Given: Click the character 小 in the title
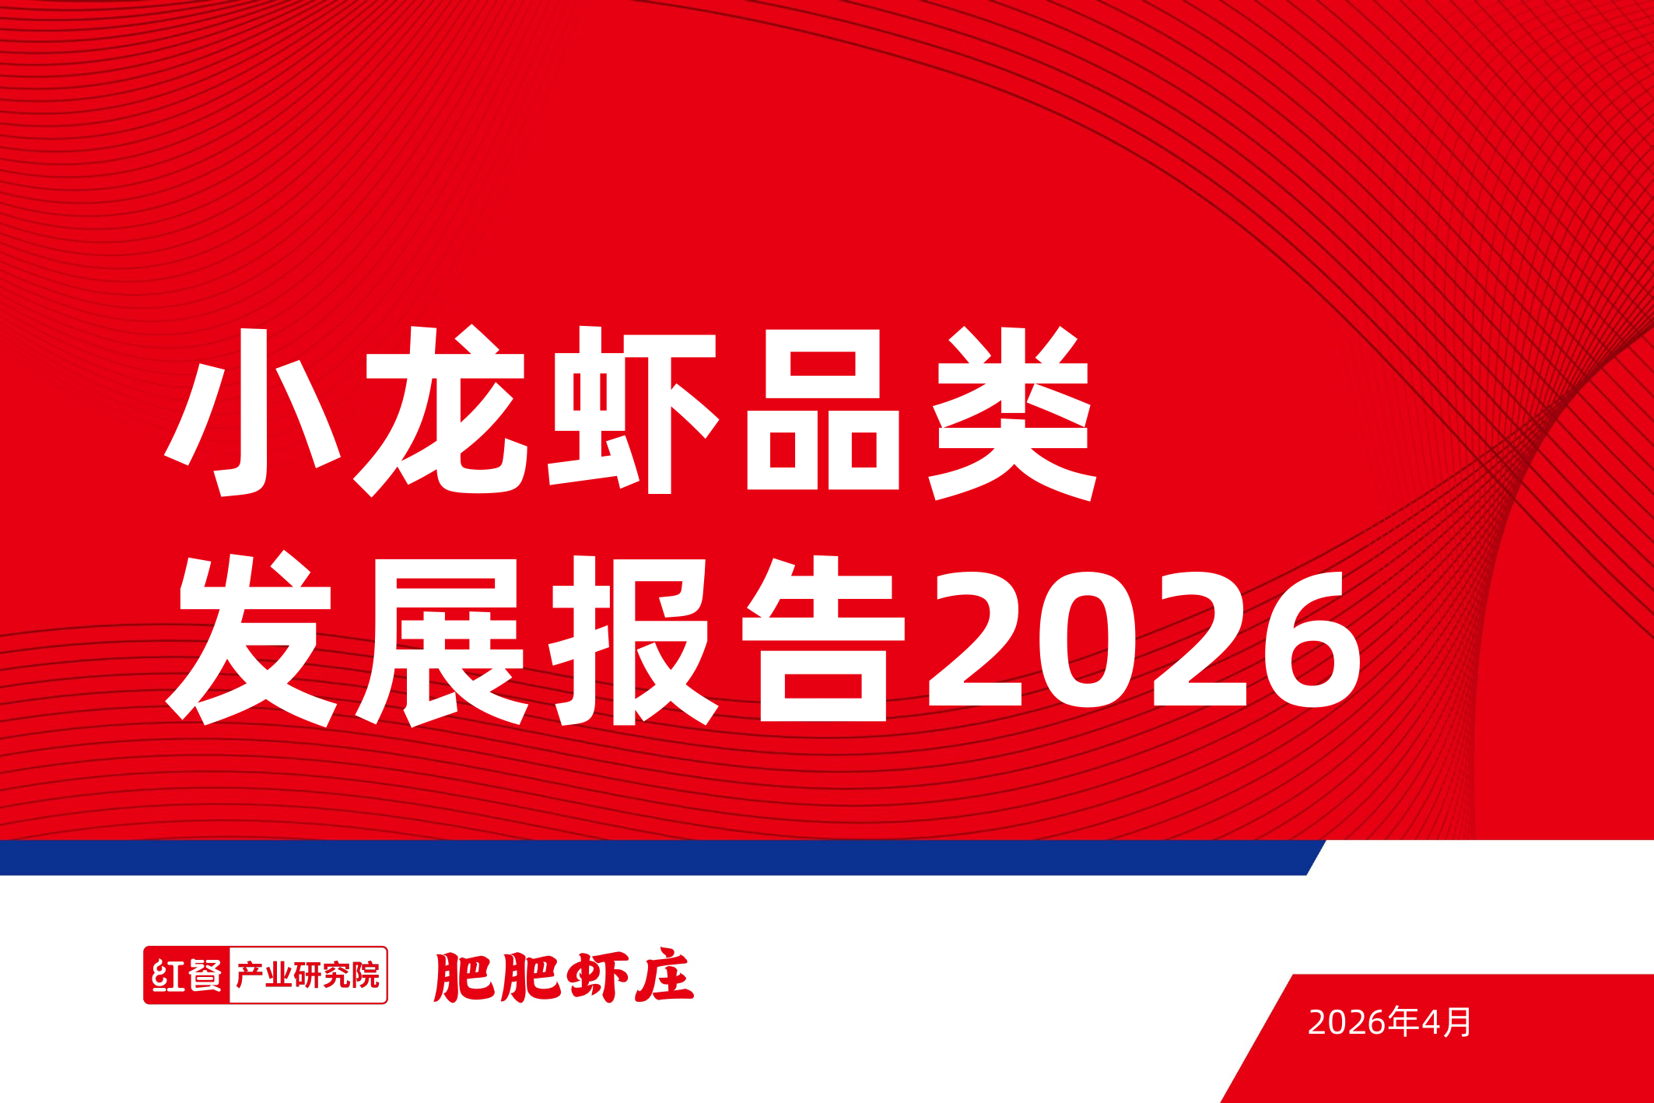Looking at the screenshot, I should click(x=253, y=412).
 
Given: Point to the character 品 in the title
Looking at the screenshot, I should click(x=822, y=412).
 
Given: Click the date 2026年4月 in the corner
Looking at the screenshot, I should click(x=1389, y=1022).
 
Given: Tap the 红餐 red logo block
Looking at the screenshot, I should click(x=187, y=975).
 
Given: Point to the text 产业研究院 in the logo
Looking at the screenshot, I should click(x=307, y=975).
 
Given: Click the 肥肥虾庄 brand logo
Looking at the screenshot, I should click(x=563, y=977).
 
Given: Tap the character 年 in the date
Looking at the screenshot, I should click(x=1403, y=1022).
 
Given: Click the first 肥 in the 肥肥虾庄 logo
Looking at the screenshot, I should click(x=464, y=977).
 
